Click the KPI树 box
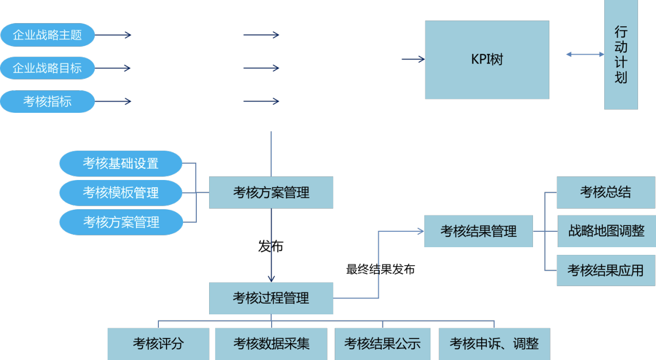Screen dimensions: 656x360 [487, 60]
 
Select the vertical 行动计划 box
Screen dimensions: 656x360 [621, 54]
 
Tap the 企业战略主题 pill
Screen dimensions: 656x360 [48, 35]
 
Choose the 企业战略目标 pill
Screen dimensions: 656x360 [48, 68]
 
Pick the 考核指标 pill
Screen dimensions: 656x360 [48, 102]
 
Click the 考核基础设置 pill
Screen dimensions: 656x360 [120, 163]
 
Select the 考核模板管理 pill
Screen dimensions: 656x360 [120, 193]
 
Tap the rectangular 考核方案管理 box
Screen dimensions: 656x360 [271, 193]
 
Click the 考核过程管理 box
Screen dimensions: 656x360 [271, 298]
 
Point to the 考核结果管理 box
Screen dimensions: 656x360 [479, 231]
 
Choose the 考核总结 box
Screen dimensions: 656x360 [606, 192]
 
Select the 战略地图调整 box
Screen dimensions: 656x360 [606, 231]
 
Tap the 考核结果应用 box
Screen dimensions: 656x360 [606, 270]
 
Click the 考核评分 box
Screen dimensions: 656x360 [158, 344]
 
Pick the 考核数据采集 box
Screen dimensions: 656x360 [271, 344]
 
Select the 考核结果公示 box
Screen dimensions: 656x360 [382, 344]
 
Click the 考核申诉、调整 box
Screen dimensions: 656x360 [495, 344]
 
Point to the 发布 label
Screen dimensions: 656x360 [271, 246]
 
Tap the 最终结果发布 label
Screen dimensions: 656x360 [380, 269]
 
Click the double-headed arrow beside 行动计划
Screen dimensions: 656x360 [585, 54]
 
